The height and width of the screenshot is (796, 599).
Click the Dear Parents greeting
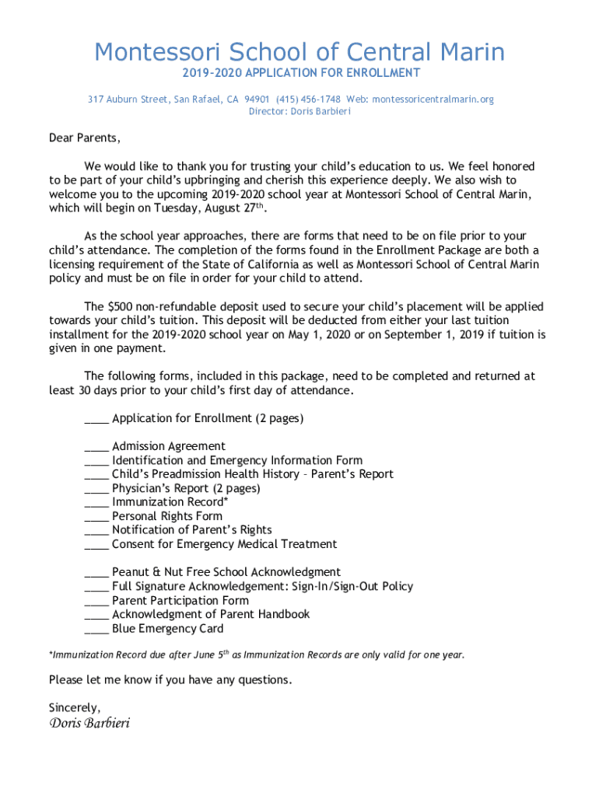[85, 138]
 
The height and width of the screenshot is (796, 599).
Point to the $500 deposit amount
[121, 306]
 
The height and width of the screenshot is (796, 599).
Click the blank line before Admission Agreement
[96, 449]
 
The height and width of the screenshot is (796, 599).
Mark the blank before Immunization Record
[96, 504]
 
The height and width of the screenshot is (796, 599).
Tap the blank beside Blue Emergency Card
[96, 630]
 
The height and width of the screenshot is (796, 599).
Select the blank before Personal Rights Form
[96, 518]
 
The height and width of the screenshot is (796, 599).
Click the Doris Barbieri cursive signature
[89, 724]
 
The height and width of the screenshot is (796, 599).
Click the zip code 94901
[257, 99]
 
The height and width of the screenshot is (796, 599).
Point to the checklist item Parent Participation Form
[180, 601]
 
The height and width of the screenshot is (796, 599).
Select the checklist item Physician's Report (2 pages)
[186, 489]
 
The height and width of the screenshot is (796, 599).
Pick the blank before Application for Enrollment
[96, 421]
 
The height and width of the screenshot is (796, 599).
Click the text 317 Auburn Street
[128, 99]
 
